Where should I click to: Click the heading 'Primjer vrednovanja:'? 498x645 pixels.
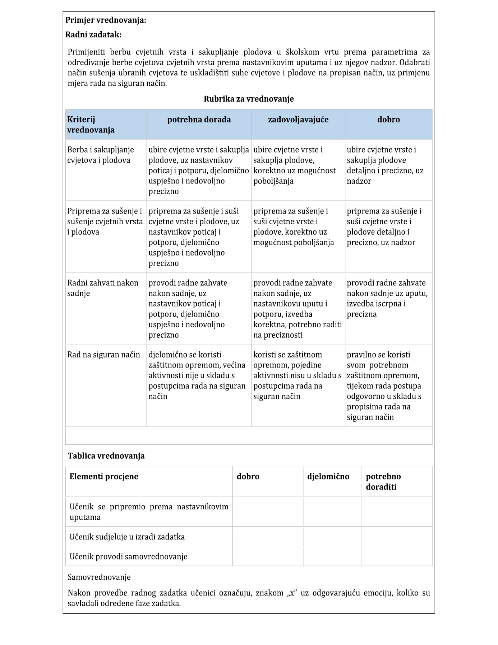(x=106, y=20)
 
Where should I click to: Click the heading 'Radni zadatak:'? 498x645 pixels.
(x=93, y=35)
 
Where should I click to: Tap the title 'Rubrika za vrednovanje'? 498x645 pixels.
(x=249, y=99)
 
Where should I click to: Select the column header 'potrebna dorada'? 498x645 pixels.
(x=199, y=120)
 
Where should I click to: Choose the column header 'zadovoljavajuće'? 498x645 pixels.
(x=298, y=120)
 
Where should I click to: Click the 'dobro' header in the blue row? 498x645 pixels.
(x=388, y=120)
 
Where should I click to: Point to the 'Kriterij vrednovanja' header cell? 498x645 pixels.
(x=91, y=125)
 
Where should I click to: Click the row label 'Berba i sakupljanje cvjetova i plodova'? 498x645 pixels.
(x=101, y=155)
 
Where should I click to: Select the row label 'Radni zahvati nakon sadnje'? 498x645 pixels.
(x=103, y=288)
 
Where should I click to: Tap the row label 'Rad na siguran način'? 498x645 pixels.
(x=104, y=355)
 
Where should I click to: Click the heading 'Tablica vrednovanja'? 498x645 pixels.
(x=106, y=456)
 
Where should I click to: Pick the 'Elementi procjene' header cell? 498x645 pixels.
(x=104, y=476)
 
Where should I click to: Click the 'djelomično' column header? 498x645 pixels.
(x=328, y=476)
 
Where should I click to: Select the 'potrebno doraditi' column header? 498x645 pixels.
(x=383, y=481)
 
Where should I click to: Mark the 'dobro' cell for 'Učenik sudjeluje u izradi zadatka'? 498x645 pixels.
(x=268, y=537)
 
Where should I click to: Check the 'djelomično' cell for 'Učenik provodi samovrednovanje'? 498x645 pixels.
(x=332, y=556)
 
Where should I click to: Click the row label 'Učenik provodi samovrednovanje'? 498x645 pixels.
(x=129, y=556)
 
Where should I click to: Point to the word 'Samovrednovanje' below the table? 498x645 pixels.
(x=99, y=577)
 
